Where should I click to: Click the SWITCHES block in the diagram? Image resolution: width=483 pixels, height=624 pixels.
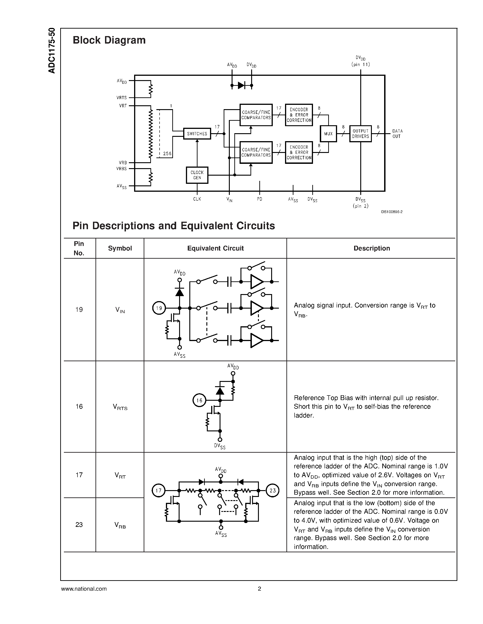pos(197,134)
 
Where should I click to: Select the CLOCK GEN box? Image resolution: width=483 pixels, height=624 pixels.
pos(197,175)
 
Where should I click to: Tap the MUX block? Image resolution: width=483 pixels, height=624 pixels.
pos(328,134)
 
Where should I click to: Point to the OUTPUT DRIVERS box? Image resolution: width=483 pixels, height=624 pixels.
pos(360,134)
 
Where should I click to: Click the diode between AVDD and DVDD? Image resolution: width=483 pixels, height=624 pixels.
pos(241,85)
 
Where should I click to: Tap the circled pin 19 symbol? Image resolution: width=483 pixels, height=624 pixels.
pos(159,308)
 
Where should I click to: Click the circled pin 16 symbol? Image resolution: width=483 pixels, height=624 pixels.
pos(199,400)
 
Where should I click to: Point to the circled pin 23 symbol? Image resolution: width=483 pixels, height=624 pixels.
pos(272,491)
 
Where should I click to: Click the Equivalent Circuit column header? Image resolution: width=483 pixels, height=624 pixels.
pos(215,248)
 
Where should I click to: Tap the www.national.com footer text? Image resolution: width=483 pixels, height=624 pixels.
pos(84,589)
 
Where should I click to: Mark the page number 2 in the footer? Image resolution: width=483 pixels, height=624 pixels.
pos(259,589)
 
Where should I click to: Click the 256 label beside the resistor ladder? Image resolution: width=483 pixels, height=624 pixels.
pos(167,154)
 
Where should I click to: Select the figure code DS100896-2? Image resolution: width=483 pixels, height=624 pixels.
pos(391,212)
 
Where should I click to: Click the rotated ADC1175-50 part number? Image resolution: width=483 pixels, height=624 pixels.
pos(52,51)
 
